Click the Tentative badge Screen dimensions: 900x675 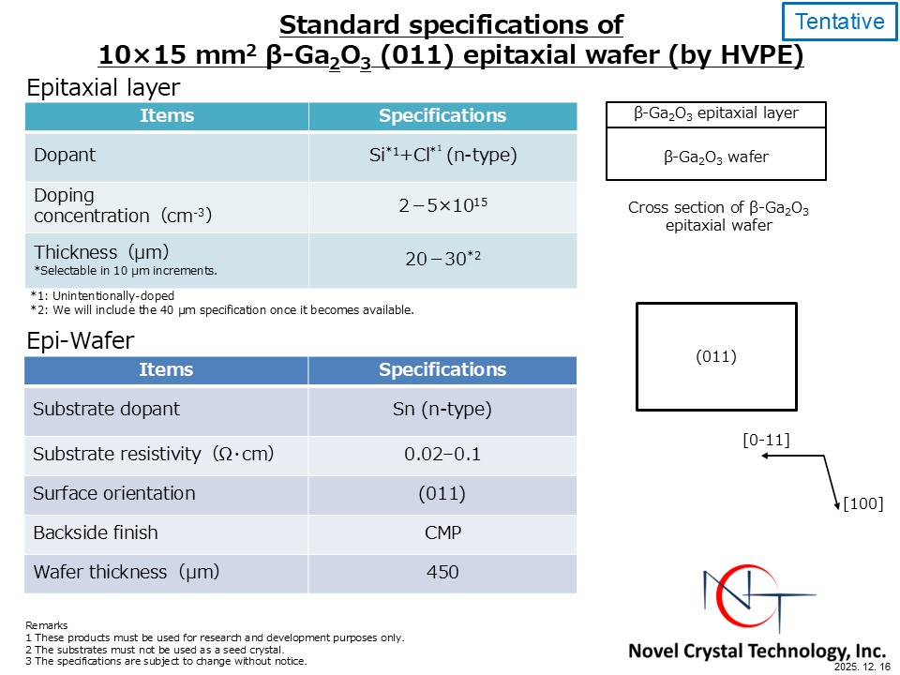pyautogui.click(x=839, y=22)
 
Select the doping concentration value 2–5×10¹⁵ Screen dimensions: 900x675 pyautogui.click(x=442, y=205)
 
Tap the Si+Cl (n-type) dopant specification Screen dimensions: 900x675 pyautogui.click(x=442, y=155)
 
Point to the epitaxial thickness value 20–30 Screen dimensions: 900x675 pyautogui.click(x=442, y=259)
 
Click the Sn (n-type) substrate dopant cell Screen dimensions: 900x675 pyautogui.click(x=442, y=410)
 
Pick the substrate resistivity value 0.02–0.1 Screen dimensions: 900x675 pyautogui.click(x=442, y=454)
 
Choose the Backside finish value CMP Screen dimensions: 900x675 pyautogui.click(x=442, y=532)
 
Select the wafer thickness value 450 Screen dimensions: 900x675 pyautogui.click(x=442, y=572)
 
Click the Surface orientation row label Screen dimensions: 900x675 pyautogui.click(x=114, y=494)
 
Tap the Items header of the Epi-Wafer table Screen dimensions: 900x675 pyautogui.click(x=166, y=369)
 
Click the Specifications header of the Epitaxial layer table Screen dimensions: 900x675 pyautogui.click(x=442, y=115)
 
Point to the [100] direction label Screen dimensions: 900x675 pyautogui.click(x=862, y=503)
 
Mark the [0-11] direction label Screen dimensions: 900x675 pyautogui.click(x=766, y=441)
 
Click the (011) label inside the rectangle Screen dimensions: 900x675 pyautogui.click(x=715, y=356)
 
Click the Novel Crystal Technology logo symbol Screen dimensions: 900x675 pyautogui.click(x=757, y=597)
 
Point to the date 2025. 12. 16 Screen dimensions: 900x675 pyautogui.click(x=862, y=667)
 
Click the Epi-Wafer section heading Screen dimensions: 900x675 pyautogui.click(x=81, y=341)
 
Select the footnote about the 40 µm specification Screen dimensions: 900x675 pyautogui.click(x=222, y=310)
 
